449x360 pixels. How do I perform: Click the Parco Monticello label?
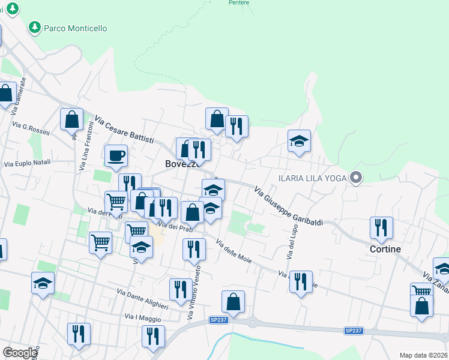click(x=76, y=28)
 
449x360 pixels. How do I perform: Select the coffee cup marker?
click(x=116, y=157)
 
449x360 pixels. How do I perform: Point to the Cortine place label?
click(x=385, y=248)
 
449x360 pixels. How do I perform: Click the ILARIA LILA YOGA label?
click(x=313, y=178)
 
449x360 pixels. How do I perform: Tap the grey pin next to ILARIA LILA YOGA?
click(x=357, y=178)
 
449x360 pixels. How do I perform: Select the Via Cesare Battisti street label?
click(x=128, y=130)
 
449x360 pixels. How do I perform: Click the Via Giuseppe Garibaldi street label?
click(x=288, y=206)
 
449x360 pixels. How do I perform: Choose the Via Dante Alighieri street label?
click(x=143, y=297)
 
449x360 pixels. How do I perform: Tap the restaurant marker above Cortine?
click(x=381, y=227)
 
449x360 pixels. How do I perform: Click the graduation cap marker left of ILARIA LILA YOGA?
click(x=299, y=141)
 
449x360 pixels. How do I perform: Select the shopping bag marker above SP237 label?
click(x=233, y=302)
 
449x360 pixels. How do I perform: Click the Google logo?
click(x=20, y=353)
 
